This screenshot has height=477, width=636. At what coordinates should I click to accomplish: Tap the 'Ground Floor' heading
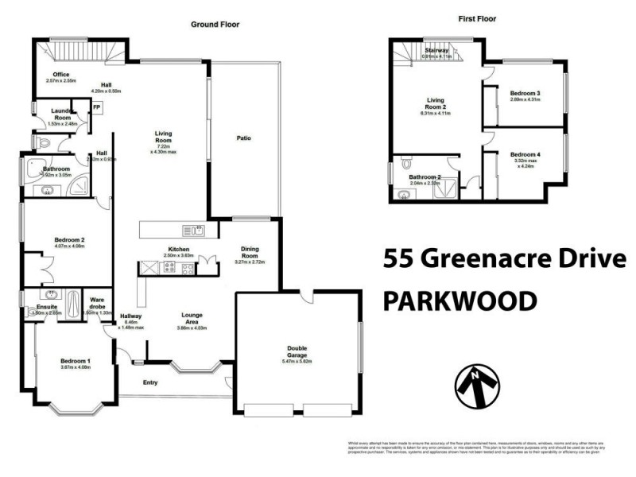(x=215, y=25)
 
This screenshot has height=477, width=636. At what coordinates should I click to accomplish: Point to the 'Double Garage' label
(x=297, y=351)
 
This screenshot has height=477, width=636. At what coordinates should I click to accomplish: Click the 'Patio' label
(x=243, y=138)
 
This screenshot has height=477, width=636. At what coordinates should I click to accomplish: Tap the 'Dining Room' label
(x=249, y=253)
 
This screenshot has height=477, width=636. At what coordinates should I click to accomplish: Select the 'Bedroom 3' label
(x=525, y=93)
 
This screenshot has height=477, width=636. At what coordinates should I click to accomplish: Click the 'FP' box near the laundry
(x=96, y=107)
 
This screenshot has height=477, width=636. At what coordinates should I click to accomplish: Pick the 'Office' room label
(x=61, y=76)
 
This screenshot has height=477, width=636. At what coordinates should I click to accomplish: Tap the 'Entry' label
(x=149, y=382)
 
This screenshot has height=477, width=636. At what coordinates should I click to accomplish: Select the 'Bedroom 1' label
(x=75, y=362)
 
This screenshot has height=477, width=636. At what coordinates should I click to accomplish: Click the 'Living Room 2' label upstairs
(x=435, y=104)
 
